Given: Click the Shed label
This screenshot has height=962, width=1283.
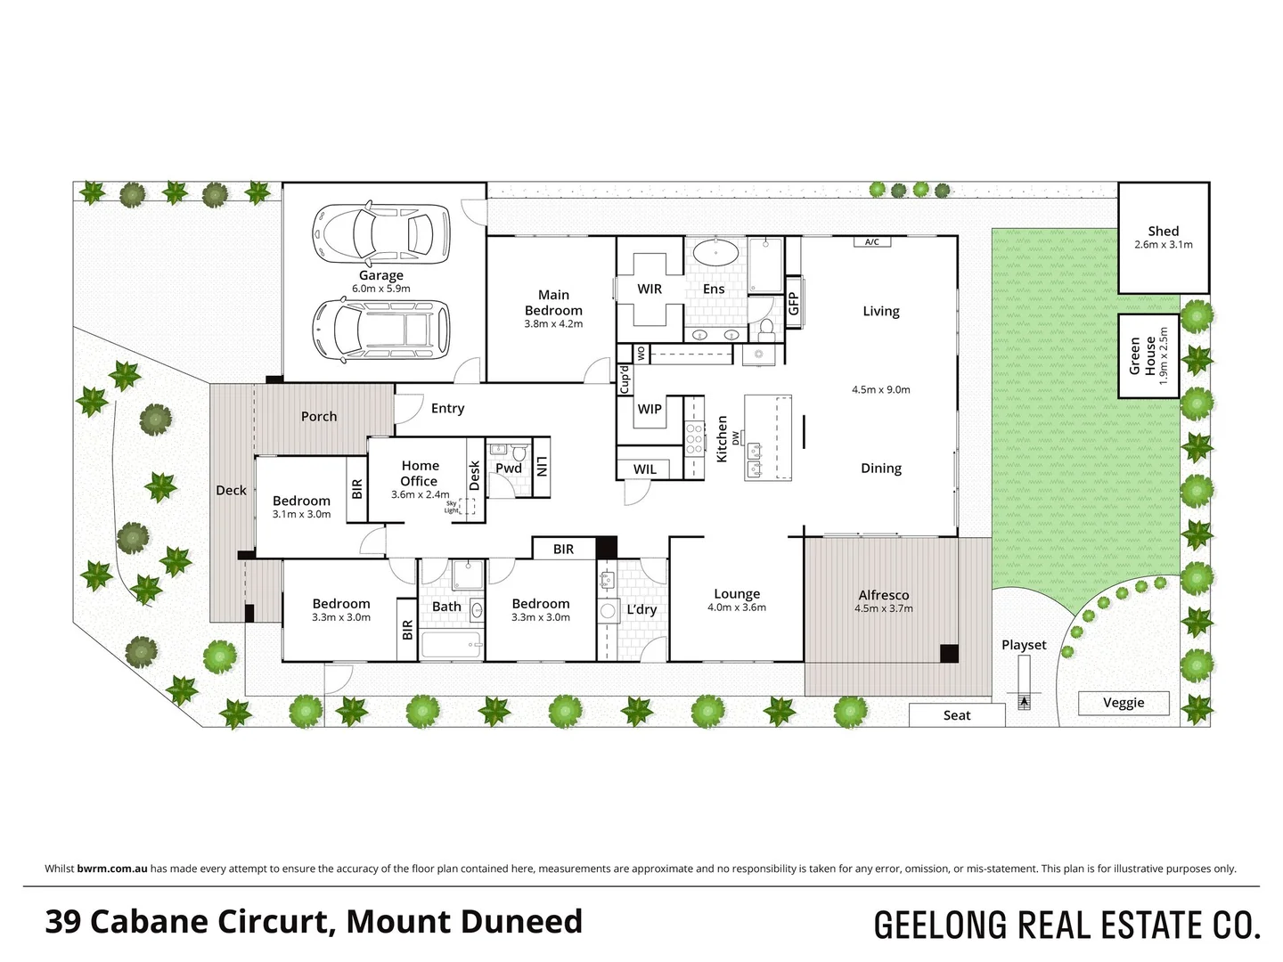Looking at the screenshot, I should click(1163, 231).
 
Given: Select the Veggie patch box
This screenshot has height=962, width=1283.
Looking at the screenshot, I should click(1124, 703).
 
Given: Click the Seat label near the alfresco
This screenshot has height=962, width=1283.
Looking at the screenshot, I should click(957, 715).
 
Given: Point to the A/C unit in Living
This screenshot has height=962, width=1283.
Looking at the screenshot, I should click(871, 241).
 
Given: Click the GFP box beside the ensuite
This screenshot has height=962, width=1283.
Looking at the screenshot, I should click(793, 304).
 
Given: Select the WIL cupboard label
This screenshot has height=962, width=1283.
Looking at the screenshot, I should click(645, 469).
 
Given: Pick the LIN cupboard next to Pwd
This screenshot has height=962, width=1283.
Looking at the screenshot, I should click(541, 467).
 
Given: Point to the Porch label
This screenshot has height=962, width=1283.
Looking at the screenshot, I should click(319, 416).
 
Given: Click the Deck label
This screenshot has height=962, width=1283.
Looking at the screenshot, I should click(231, 490).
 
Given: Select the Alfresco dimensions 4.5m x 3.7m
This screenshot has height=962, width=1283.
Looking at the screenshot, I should click(884, 608).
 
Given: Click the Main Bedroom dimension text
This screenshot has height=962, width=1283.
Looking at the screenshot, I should click(553, 324).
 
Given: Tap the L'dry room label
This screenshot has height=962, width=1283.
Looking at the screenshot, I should click(641, 609).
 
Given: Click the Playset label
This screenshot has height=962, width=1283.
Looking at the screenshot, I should click(1024, 645).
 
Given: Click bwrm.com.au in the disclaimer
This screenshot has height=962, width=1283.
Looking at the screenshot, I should click(112, 868).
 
